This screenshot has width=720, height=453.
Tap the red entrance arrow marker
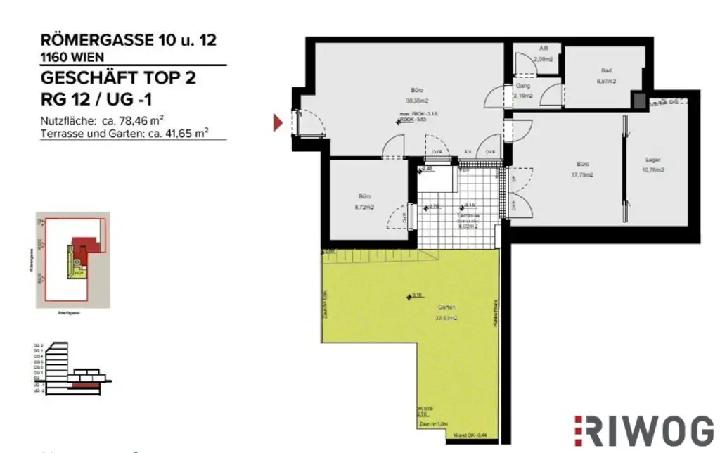tap(278, 122)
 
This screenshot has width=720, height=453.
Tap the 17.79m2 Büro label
tap(582, 170)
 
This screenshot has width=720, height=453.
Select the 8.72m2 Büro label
tap(364, 202)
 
